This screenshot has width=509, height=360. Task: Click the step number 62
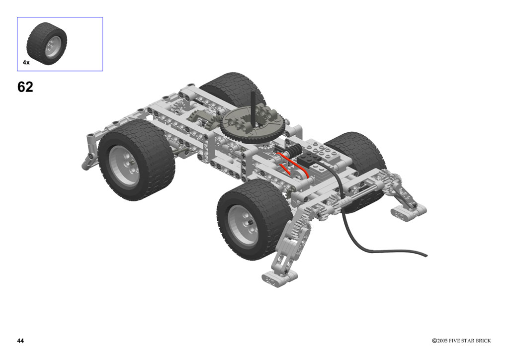pyautogui.click(x=25, y=87)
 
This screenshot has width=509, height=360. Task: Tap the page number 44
pyautogui.click(x=20, y=341)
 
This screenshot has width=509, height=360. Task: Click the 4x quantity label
pyautogui.click(x=26, y=62)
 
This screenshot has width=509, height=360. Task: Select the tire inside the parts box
pyautogui.click(x=47, y=43)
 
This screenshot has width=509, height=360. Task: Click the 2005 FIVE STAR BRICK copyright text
pyautogui.click(x=461, y=341)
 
